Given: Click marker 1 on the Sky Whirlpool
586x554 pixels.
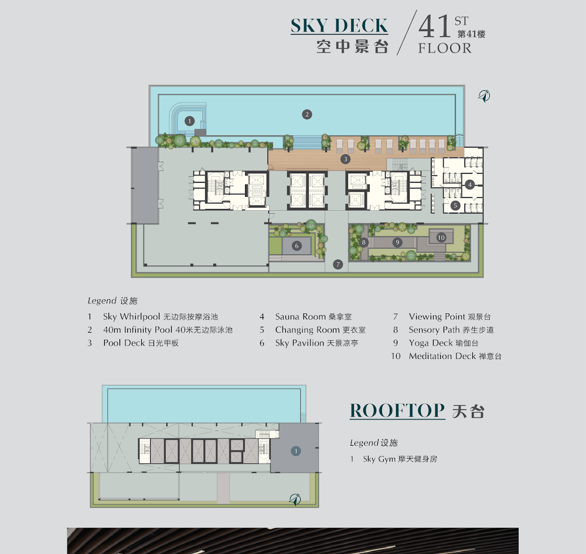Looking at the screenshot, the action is [x=189, y=121].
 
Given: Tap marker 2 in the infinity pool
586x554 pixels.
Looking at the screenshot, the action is [x=307, y=114].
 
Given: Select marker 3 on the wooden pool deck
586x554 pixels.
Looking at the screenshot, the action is [x=345, y=159].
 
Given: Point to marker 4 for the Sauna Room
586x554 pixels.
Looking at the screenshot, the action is [x=470, y=184].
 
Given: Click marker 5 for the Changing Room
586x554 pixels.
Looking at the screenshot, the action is [x=455, y=205].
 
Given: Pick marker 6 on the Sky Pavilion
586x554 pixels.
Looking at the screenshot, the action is [x=297, y=245].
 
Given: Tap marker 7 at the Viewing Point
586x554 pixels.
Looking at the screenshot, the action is [x=338, y=265].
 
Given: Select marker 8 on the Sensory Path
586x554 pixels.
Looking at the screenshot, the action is [x=364, y=242].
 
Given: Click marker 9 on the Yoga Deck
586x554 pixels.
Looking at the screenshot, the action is [x=397, y=242].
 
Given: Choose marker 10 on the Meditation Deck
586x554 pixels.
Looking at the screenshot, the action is [x=441, y=238].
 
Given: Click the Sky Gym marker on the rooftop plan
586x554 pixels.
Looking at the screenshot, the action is [x=295, y=451].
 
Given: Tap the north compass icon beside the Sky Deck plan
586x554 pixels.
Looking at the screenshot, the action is [x=485, y=96].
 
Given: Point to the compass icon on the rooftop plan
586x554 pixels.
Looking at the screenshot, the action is [x=295, y=499].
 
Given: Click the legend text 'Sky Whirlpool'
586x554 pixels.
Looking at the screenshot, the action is [x=131, y=317].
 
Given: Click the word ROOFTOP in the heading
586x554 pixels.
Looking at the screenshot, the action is [x=397, y=411].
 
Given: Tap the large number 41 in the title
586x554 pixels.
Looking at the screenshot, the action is [x=435, y=26].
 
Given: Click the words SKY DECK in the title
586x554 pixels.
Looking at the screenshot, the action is [x=339, y=25].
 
